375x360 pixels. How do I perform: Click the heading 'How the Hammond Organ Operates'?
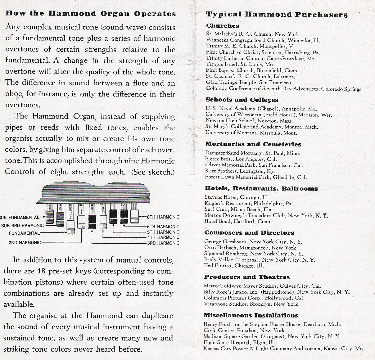click(x=91, y=14)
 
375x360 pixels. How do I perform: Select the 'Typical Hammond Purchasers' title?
click(x=277, y=15)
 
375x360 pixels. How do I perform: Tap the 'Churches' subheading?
click(x=222, y=26)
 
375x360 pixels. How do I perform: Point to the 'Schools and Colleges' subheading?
click(x=242, y=100)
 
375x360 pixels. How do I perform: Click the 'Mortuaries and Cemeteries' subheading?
click(x=253, y=144)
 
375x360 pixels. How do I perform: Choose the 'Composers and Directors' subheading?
click(x=249, y=233)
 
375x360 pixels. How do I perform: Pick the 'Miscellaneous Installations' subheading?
click(x=251, y=315)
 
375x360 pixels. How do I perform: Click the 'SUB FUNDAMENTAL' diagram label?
click(x=20, y=218)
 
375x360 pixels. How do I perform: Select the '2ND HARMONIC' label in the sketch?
click(x=25, y=242)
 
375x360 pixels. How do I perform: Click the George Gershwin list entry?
click(x=253, y=241)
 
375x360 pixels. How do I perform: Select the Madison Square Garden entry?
click(x=272, y=336)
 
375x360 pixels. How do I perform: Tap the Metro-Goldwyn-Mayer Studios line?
click(x=262, y=286)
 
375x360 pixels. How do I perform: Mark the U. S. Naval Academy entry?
click(x=261, y=109)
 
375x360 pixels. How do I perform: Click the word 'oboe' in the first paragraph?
click(x=14, y=94)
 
